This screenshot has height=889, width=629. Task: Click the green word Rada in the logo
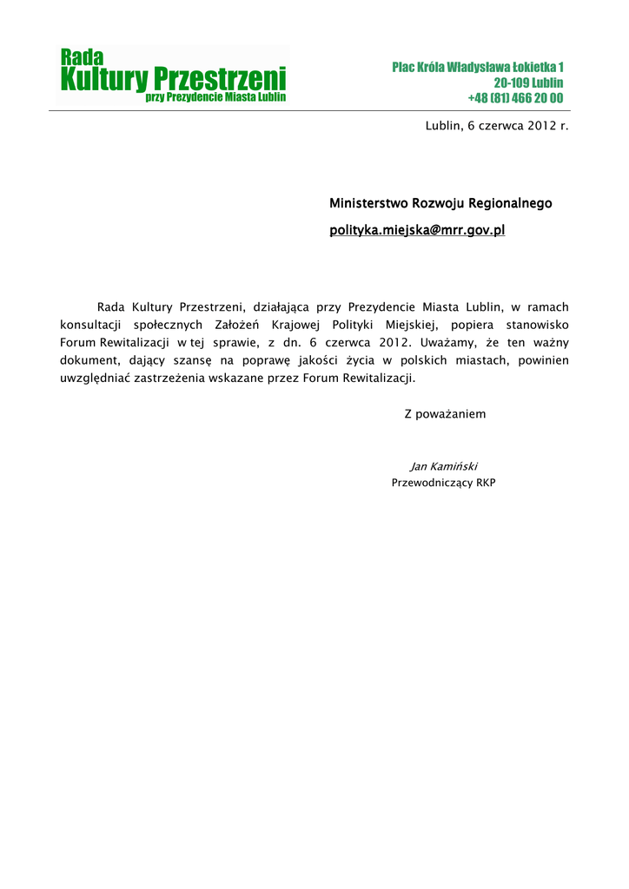click(82, 57)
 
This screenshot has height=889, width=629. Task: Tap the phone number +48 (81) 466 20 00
click(515, 98)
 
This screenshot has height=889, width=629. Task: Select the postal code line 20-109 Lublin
click(528, 82)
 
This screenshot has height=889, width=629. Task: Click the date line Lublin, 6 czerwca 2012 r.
click(496, 126)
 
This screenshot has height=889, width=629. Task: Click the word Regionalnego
click(510, 204)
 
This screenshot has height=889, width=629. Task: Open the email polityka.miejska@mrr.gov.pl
click(417, 231)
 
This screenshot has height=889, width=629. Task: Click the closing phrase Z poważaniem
click(445, 414)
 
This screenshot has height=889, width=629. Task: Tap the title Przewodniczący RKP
click(443, 483)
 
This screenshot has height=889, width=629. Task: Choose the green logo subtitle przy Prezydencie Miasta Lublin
click(215, 98)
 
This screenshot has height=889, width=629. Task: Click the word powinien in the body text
click(543, 361)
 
